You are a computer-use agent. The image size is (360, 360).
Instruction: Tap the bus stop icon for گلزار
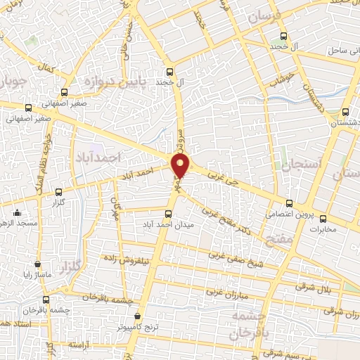tap(58, 191)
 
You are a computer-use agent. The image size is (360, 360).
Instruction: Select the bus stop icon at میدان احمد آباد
tap(168, 213)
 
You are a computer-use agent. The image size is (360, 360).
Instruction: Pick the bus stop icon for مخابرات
tap(323, 218)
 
